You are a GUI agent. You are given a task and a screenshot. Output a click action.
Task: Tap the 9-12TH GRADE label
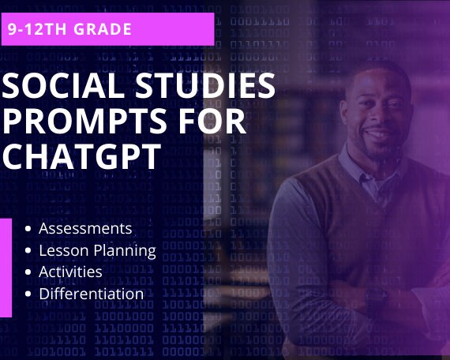click(69, 29)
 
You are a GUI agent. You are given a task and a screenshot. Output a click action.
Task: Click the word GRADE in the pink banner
click(103, 29)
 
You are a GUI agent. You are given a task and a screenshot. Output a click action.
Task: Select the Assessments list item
click(84, 228)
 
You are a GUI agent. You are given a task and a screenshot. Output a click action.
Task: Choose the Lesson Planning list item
click(97, 250)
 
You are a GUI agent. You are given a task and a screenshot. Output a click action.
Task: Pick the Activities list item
click(70, 272)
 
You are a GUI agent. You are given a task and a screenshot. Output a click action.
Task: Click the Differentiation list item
click(91, 294)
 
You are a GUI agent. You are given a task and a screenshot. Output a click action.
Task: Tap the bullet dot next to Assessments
click(28, 229)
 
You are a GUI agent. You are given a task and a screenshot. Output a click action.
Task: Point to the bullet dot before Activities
click(28, 272)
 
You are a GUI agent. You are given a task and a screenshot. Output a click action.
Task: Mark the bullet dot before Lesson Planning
click(28, 251)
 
